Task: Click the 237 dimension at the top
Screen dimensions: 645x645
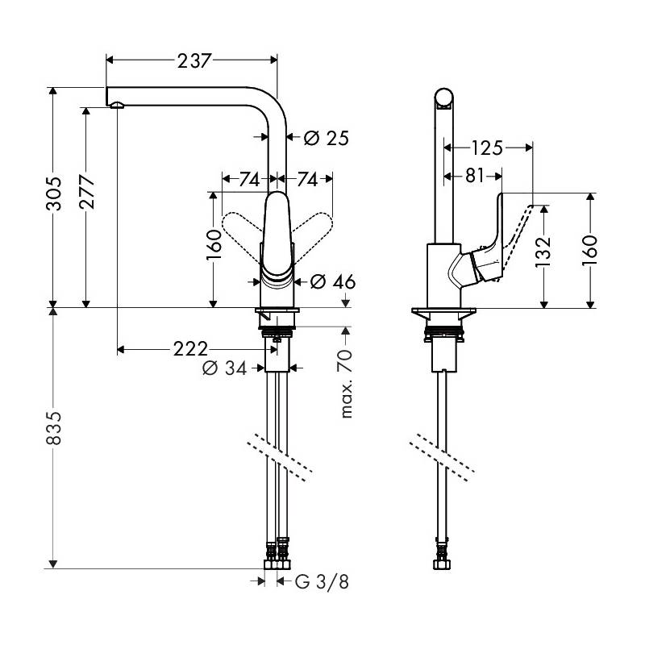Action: (194, 61)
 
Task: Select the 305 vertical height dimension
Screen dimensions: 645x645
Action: (54, 193)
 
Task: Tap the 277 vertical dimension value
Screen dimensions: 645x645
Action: (87, 192)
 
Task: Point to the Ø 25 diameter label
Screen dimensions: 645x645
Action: (327, 138)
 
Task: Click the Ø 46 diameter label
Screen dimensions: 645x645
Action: (333, 281)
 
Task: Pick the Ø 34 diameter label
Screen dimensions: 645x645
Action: (225, 368)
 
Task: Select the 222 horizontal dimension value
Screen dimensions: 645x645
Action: (190, 349)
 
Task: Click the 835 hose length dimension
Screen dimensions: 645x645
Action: (54, 428)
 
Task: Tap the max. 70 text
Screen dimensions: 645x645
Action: (347, 384)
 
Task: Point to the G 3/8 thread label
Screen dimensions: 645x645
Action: (322, 581)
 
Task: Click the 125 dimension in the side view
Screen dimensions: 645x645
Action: (487, 148)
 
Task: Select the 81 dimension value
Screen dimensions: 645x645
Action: (475, 176)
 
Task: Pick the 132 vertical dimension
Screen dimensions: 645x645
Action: (543, 252)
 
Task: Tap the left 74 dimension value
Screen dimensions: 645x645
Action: (249, 179)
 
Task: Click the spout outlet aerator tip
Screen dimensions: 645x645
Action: (117, 105)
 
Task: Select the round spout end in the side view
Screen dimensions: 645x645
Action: (444, 98)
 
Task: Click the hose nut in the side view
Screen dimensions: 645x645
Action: (442, 564)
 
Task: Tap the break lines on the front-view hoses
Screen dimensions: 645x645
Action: (280, 457)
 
